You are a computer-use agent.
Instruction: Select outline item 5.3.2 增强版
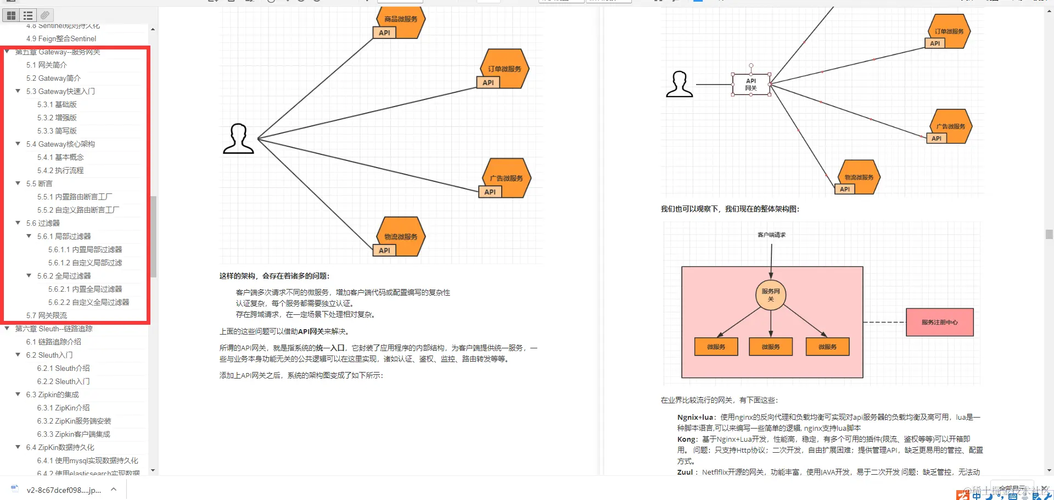57,118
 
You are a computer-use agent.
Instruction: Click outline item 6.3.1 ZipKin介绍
63,408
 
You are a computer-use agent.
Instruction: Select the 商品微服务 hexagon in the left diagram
401,20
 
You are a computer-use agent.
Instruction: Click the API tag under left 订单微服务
488,82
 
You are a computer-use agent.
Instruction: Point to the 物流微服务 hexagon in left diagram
401,236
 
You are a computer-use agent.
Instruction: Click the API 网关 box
750,84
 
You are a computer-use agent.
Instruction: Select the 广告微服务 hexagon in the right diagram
951,126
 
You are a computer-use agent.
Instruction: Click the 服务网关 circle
771,295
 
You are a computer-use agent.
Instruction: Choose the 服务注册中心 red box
939,322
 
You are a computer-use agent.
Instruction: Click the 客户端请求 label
771,235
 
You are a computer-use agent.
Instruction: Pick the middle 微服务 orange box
771,347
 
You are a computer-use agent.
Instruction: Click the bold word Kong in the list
686,439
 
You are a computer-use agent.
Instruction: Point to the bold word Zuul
685,472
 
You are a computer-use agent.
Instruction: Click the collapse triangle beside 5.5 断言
18,184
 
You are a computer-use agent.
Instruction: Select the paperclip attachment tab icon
45,15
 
